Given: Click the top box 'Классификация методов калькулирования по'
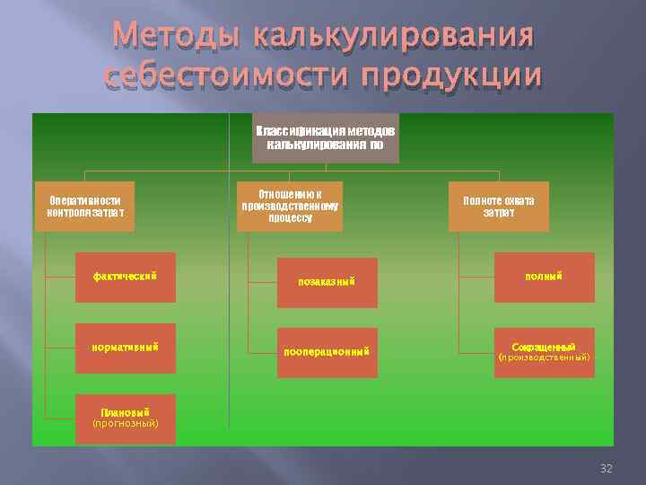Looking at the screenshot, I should [325, 137].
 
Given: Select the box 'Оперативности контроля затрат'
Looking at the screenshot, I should [85, 207].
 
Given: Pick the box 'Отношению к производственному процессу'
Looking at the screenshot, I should [290, 207].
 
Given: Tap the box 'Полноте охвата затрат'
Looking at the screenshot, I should [498, 207].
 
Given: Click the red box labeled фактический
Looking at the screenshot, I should [125, 277].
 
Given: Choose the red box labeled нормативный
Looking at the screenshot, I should [125, 348].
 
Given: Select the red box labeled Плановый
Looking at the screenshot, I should [125, 418].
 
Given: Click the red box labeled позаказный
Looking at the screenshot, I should [327, 282].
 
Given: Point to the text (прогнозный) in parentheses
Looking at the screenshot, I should [125, 423].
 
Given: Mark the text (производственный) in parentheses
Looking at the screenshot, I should [544, 357].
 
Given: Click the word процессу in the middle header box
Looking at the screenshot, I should [290, 218].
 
